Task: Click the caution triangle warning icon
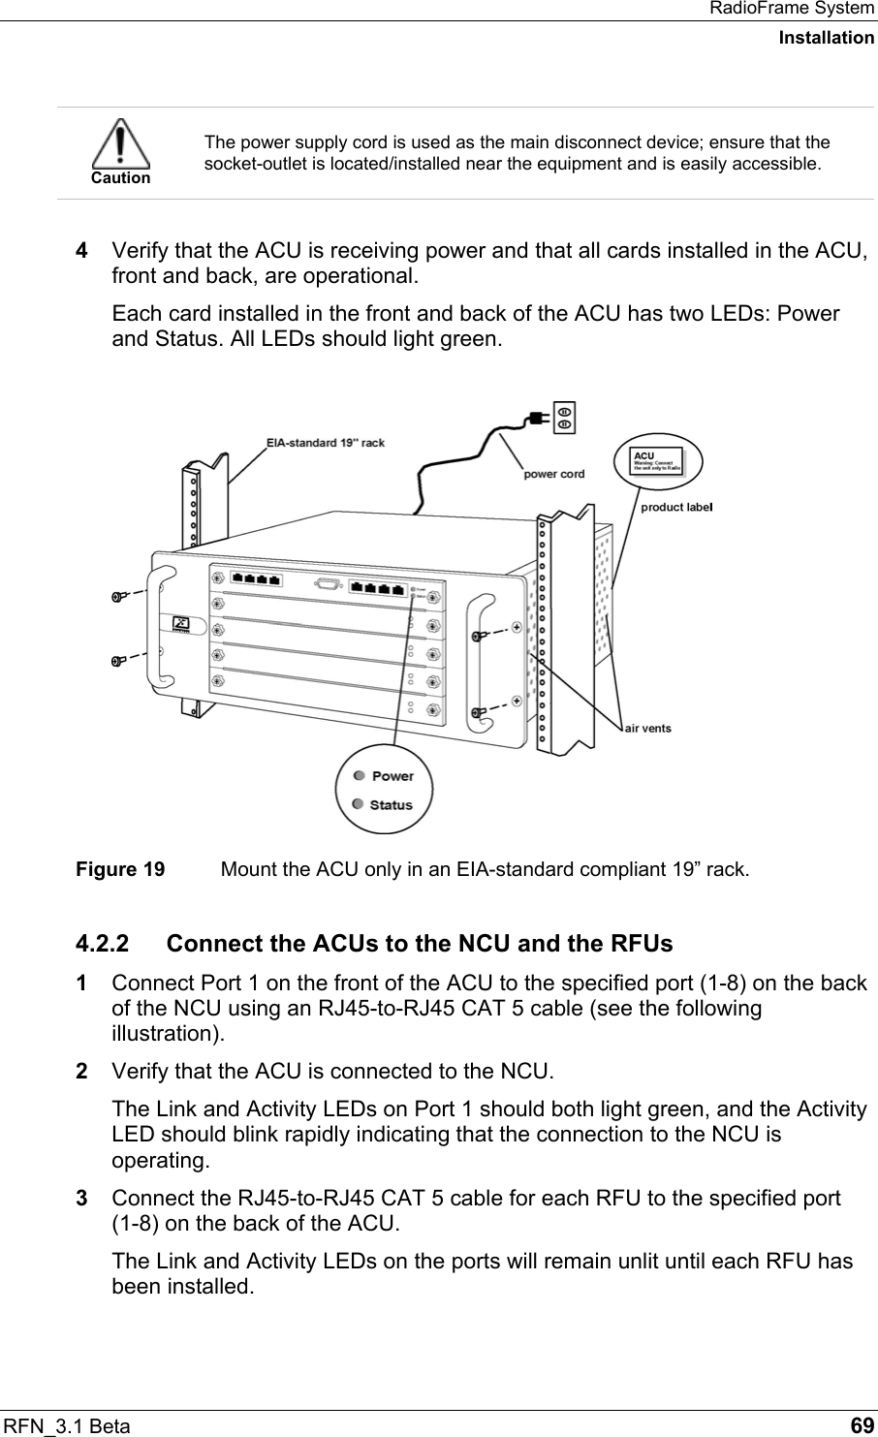click(120, 144)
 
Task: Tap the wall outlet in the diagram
click(565, 417)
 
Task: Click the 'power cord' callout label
click(554, 474)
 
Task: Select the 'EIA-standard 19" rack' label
click(326, 443)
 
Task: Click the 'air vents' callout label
click(647, 727)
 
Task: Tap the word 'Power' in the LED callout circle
click(392, 776)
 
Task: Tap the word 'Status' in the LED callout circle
click(391, 804)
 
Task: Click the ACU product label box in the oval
click(657, 460)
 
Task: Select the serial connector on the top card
click(327, 584)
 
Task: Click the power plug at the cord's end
click(535, 419)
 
